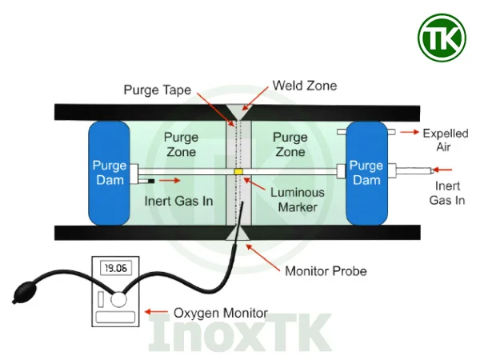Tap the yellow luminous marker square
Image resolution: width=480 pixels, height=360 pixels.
pyautogui.click(x=238, y=171)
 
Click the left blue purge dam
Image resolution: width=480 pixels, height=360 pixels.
pyautogui.click(x=110, y=172)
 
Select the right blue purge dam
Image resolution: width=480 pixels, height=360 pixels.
pyautogui.click(x=366, y=172)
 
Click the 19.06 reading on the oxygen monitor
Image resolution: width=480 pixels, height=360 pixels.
pyautogui.click(x=114, y=269)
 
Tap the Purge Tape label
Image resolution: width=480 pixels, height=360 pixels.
pyautogui.click(x=157, y=90)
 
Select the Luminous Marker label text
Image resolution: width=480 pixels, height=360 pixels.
pyautogui.click(x=297, y=199)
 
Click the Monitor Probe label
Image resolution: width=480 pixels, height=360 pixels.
pyautogui.click(x=326, y=271)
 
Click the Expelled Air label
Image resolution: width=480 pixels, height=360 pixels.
pyautogui.click(x=445, y=141)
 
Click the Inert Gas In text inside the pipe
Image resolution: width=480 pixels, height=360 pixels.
pyautogui.click(x=178, y=200)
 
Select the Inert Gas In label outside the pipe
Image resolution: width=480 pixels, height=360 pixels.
pyautogui.click(x=447, y=193)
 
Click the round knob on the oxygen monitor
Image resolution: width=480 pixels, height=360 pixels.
pyautogui.click(x=119, y=300)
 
